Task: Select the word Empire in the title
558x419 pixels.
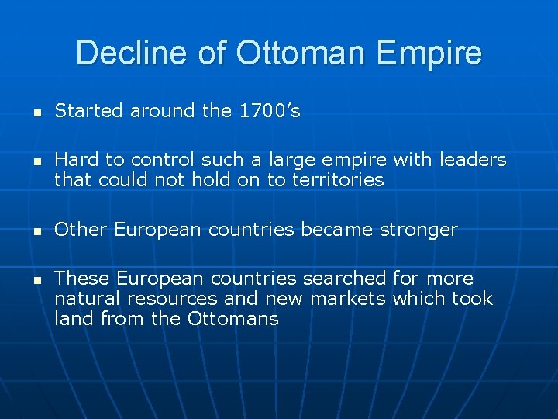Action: pos(437,54)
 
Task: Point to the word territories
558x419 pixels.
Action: pos(337,180)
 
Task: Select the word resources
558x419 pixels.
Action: pos(171,298)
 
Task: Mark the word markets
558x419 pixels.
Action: pos(348,298)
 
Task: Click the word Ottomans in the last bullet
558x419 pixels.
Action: pos(232,318)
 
